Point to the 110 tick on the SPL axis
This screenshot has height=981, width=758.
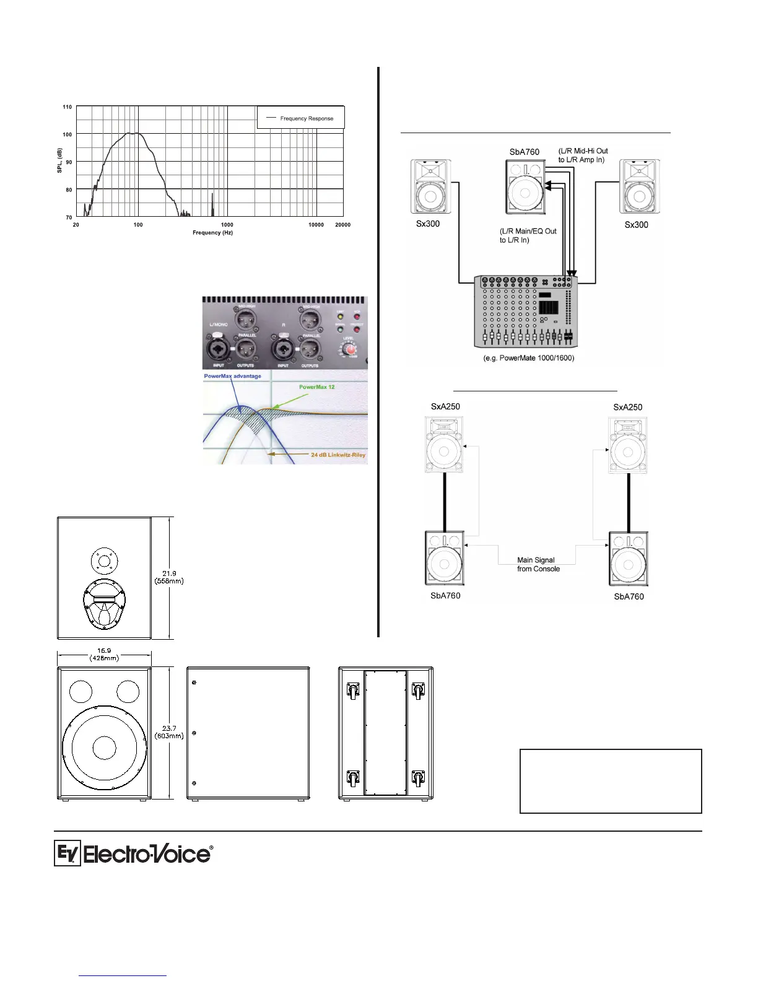pyautogui.click(x=67, y=107)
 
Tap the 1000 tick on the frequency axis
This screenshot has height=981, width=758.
pyautogui.click(x=227, y=225)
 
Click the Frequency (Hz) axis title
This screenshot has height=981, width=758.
pyautogui.click(x=212, y=233)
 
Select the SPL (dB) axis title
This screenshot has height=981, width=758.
pyautogui.click(x=60, y=160)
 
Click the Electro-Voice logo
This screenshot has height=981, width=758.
pyautogui.click(x=133, y=854)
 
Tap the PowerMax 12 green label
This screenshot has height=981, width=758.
pyautogui.click(x=316, y=387)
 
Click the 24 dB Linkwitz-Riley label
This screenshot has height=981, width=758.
pyautogui.click(x=338, y=455)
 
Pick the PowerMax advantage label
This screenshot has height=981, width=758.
pyautogui.click(x=232, y=376)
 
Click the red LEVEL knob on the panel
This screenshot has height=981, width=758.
pyautogui.click(x=351, y=351)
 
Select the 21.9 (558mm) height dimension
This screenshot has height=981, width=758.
pyautogui.click(x=168, y=577)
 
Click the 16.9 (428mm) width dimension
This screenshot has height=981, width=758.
pyautogui.click(x=104, y=654)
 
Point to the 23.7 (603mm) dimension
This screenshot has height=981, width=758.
pyautogui.click(x=168, y=732)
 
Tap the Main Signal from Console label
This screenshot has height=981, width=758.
pyautogui.click(x=538, y=564)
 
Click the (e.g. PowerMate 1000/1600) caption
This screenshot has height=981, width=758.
pyautogui.click(x=528, y=358)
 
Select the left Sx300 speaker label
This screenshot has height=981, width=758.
pyautogui.click(x=427, y=224)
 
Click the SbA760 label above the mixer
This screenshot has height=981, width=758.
pyautogui.click(x=524, y=152)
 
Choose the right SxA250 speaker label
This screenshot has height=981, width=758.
pyautogui.click(x=627, y=407)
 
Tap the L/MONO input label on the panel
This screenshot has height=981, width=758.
pyautogui.click(x=219, y=325)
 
